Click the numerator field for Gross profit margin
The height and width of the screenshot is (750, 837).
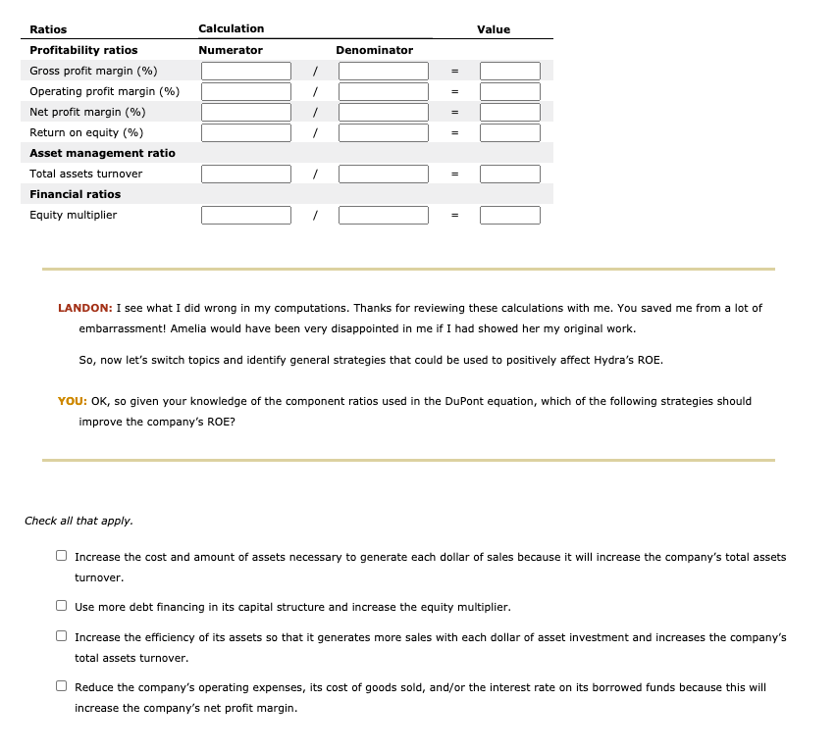[x=246, y=71]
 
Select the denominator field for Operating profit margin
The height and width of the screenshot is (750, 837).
[x=384, y=91]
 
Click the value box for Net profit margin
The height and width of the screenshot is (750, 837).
[x=509, y=112]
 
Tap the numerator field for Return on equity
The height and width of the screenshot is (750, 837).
[x=246, y=132]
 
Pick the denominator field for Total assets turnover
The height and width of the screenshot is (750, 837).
[x=384, y=174]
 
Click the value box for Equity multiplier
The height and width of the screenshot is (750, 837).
[x=509, y=215]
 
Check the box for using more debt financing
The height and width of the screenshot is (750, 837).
[x=62, y=607]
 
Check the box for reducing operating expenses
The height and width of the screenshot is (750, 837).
[x=62, y=687]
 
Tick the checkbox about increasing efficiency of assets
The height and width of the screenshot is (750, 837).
[x=62, y=637]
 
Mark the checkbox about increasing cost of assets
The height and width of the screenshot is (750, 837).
[x=62, y=557]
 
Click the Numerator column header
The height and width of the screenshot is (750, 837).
[x=231, y=50]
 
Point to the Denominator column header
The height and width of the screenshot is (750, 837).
[x=374, y=50]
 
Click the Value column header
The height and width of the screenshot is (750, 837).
[x=494, y=29]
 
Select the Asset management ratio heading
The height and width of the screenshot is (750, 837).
[x=102, y=153]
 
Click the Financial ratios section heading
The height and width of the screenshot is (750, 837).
[x=76, y=194]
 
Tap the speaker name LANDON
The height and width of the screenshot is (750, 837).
[x=83, y=308]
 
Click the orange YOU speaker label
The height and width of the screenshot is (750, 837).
[x=72, y=401]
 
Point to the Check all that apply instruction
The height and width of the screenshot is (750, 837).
[x=78, y=521]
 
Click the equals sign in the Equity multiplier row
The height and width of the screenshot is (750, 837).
[x=454, y=215]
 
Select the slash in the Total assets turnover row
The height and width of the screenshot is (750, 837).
[x=314, y=174]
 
